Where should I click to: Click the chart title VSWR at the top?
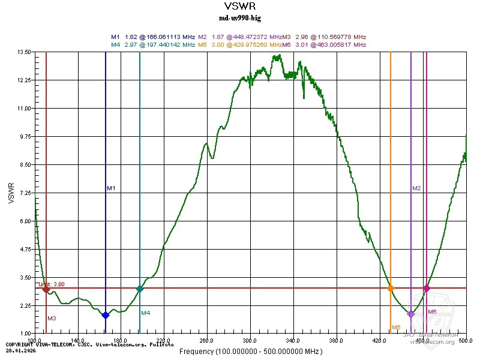[x=239, y=7]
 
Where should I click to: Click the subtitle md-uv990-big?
[x=239, y=18]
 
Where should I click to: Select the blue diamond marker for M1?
[x=106, y=315]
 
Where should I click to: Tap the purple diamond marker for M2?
[x=411, y=314]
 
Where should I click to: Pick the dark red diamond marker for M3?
[x=46, y=289]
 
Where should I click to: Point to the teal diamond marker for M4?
[x=140, y=289]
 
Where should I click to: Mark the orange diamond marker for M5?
[x=391, y=289]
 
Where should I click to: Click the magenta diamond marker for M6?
[x=427, y=289]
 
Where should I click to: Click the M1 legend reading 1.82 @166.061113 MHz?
[x=154, y=37]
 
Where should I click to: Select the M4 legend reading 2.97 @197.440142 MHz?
[x=154, y=44]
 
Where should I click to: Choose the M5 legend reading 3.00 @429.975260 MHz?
[x=240, y=44]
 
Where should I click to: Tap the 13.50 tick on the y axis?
[x=24, y=52]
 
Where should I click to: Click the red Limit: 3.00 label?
[x=52, y=284]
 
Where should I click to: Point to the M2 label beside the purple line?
[x=417, y=188]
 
